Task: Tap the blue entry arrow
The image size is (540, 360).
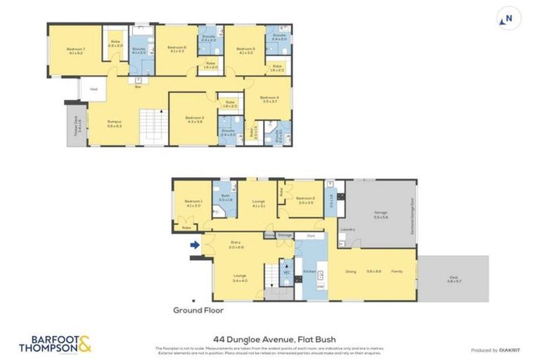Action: (x=194, y=245)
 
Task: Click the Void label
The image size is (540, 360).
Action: (x=92, y=89)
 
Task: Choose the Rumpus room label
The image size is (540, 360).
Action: (x=115, y=124)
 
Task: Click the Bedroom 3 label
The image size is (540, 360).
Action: (x=194, y=118)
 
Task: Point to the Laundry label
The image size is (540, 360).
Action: (x=347, y=229)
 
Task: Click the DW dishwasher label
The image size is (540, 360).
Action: (x=320, y=287)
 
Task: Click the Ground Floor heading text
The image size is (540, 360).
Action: (x=198, y=309)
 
